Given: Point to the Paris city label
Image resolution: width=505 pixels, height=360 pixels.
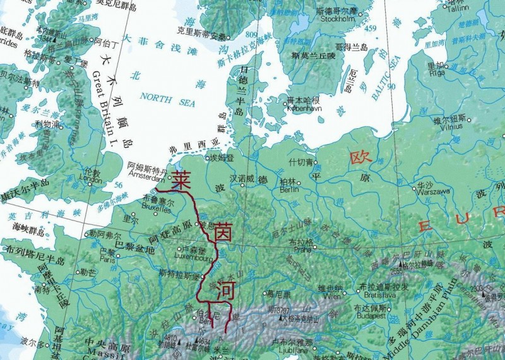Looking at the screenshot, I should point(108,259).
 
